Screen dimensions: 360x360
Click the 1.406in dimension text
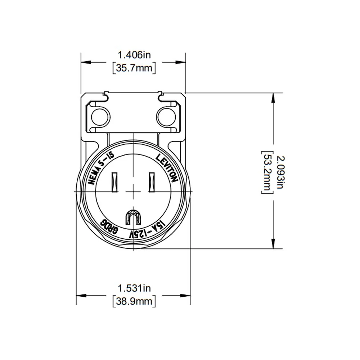click(x=134, y=55)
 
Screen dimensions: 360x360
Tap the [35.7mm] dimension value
click(x=134, y=68)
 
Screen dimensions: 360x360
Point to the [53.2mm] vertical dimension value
click(x=267, y=172)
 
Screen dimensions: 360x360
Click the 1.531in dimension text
click(x=134, y=288)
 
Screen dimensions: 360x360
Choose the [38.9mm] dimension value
click(x=134, y=301)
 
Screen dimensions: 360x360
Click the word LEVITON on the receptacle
click(x=167, y=168)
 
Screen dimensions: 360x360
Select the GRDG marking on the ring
click(x=109, y=227)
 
